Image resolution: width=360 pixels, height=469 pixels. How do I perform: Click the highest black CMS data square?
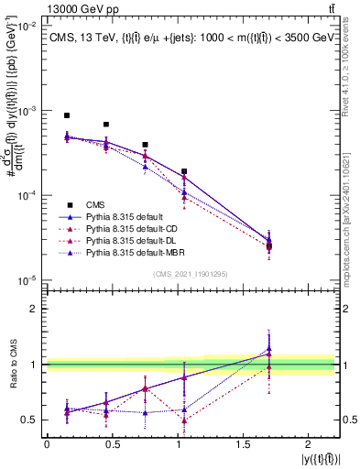click(67, 115)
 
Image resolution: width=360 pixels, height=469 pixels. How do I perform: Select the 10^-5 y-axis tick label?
click(27, 279)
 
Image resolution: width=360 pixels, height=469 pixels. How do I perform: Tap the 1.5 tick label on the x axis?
click(241, 444)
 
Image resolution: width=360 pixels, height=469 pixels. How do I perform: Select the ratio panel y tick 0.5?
click(29, 420)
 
